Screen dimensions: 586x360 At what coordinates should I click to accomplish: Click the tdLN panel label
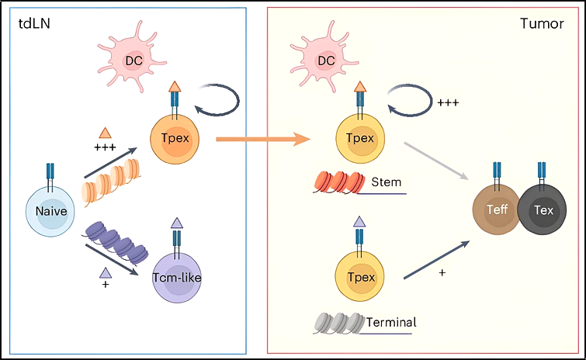pyautogui.click(x=34, y=23)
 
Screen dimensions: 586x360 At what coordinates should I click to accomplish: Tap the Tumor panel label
pyautogui.click(x=542, y=23)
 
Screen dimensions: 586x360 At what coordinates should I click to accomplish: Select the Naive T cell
pyautogui.click(x=50, y=211)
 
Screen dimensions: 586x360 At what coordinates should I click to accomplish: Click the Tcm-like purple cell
pyautogui.click(x=177, y=277)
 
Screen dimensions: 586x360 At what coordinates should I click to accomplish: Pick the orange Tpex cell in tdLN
pyautogui.click(x=175, y=139)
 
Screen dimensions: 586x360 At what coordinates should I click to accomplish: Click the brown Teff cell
pyautogui.click(x=497, y=209)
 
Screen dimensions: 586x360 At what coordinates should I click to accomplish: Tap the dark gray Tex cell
pyautogui.click(x=543, y=210)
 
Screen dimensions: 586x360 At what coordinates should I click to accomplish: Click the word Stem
pyautogui.click(x=386, y=182)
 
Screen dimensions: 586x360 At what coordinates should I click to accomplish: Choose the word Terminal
pyautogui.click(x=391, y=322)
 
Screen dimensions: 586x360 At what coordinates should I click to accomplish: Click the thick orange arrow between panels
pyautogui.click(x=263, y=140)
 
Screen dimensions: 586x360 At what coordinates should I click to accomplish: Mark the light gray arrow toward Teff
pyautogui.click(x=436, y=161)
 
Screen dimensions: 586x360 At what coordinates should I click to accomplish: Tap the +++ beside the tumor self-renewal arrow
pyautogui.click(x=448, y=102)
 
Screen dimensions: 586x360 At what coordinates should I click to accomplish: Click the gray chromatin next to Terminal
pyautogui.click(x=339, y=323)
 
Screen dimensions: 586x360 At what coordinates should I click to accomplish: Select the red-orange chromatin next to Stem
pyautogui.click(x=339, y=182)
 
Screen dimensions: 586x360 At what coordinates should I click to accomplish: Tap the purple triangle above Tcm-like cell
pyautogui.click(x=177, y=223)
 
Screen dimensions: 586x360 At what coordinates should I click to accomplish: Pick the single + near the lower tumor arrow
pyautogui.click(x=442, y=273)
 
